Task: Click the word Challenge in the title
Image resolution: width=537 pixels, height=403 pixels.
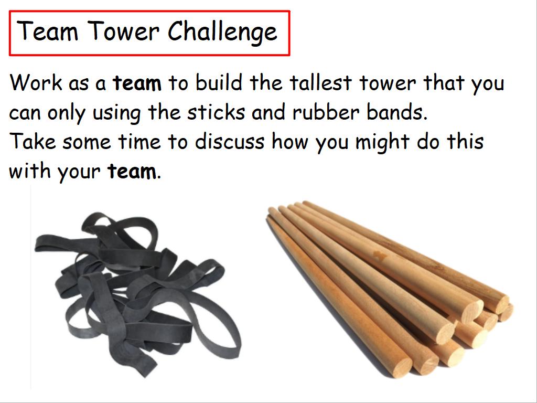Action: [x=222, y=32]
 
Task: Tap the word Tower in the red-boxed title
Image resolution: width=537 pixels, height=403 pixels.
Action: [x=124, y=31]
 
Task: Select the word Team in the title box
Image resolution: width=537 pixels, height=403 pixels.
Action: [x=47, y=31]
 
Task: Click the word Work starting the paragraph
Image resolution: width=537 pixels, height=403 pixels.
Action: [x=36, y=83]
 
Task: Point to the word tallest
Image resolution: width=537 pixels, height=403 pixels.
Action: [x=320, y=83]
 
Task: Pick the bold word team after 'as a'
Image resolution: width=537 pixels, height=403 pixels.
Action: [x=137, y=83]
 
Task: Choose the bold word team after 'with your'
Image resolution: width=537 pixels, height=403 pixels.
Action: [x=132, y=172]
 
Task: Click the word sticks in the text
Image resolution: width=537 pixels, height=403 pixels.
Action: [x=216, y=112]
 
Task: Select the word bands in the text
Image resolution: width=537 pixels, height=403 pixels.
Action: [x=397, y=112]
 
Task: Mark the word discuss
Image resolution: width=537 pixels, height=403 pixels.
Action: [x=230, y=142]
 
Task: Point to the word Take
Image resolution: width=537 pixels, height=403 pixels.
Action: [x=33, y=142]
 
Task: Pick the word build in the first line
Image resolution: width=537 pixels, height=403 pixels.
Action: [x=219, y=83]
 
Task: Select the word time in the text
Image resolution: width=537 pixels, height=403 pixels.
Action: [x=139, y=142]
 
